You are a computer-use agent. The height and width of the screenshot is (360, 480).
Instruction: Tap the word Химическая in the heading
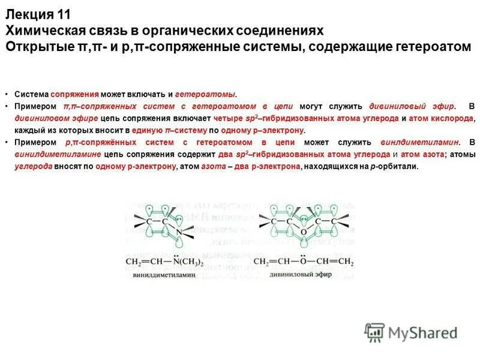click(x=41, y=30)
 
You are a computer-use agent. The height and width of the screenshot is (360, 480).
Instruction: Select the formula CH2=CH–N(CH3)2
click(x=164, y=263)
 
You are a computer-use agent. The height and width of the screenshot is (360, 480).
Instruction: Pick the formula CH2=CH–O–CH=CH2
click(x=304, y=263)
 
